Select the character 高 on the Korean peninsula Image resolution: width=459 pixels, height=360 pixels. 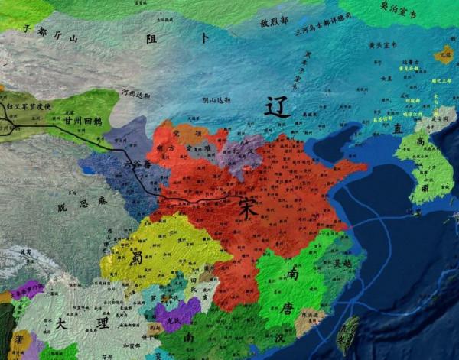click(x=422, y=141)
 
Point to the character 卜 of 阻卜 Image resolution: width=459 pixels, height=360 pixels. click(x=204, y=37)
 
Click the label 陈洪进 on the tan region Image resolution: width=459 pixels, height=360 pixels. click(x=310, y=316)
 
